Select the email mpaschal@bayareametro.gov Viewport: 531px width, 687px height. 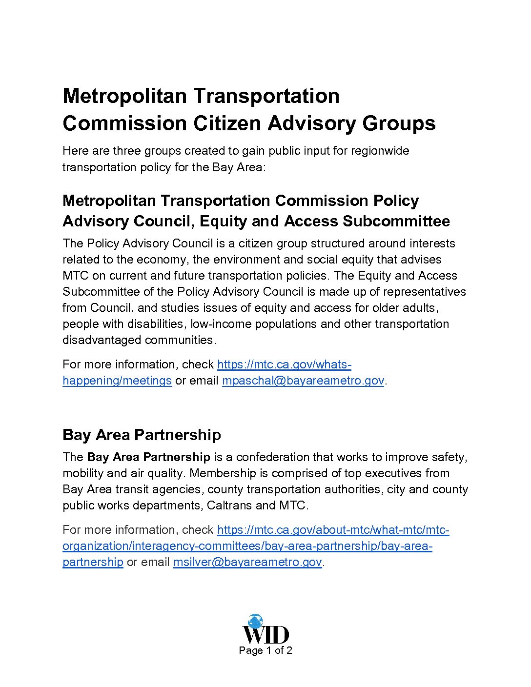click(303, 381)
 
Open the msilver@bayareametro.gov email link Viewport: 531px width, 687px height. click(247, 562)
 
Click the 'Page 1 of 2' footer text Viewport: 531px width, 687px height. click(265, 650)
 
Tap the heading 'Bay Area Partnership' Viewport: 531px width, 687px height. click(142, 435)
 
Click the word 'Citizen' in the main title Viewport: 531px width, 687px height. click(230, 123)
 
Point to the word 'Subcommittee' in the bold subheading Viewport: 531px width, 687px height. click(396, 221)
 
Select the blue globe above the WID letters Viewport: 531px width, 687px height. click(255, 621)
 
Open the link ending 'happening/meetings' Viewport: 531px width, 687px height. click(117, 381)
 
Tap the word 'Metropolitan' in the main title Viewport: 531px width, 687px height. click(125, 96)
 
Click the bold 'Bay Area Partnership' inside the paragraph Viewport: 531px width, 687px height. click(148, 457)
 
